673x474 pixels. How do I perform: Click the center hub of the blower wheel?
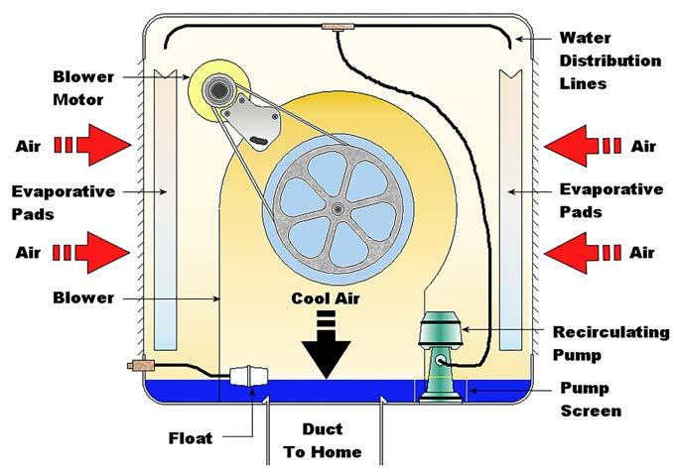[338, 207]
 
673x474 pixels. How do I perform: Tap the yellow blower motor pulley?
[217, 89]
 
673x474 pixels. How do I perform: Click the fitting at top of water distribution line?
[338, 28]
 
